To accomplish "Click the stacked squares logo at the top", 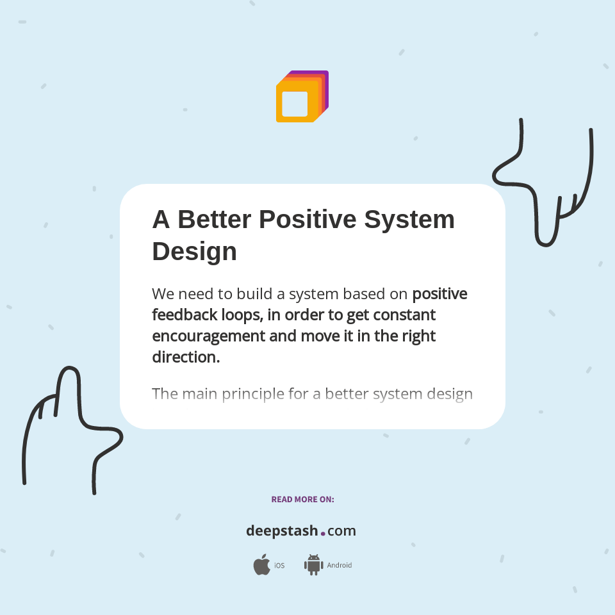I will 302,96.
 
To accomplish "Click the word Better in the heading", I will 214,219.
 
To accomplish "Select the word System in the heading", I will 409,219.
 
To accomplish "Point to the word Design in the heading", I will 194,251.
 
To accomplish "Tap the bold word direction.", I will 186,357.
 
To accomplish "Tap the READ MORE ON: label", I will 302,499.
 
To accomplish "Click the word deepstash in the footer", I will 282,531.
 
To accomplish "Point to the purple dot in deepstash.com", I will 323,533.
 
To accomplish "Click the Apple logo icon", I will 261,565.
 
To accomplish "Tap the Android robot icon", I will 313,565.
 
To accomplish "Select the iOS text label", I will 279,566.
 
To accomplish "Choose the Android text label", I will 339,566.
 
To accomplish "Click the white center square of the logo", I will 295,104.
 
